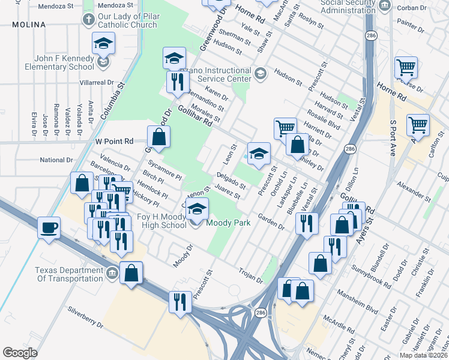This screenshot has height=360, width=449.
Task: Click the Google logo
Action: [x=20, y=353]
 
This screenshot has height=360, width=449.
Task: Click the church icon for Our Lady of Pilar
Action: [x=88, y=19]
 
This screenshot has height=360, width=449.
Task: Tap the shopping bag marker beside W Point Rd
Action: [x=158, y=137]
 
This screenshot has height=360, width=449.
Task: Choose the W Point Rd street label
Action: [x=113, y=141]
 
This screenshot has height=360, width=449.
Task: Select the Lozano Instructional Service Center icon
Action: [x=260, y=74]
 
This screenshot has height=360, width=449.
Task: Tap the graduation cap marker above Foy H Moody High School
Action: [x=197, y=209]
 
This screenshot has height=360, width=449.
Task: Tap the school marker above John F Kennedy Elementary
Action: [x=103, y=43]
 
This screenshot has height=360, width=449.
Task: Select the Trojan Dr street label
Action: [x=250, y=276]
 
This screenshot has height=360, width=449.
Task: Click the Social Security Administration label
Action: [x=348, y=6]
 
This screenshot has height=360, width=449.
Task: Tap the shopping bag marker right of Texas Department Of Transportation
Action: [x=131, y=273]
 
